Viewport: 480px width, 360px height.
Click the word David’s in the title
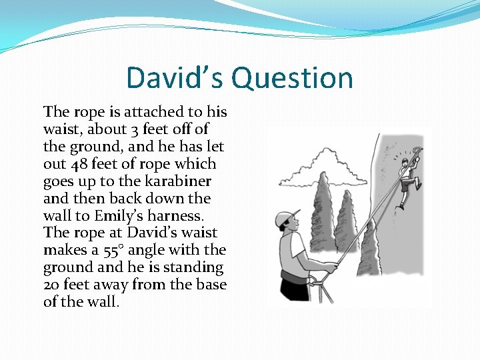coord(175,77)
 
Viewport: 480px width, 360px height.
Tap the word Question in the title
coord(292,78)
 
